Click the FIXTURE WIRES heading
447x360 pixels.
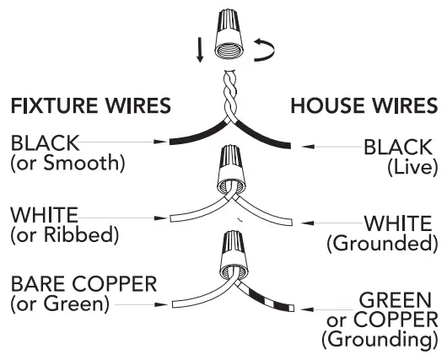(90, 106)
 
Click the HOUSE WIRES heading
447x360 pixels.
(364, 106)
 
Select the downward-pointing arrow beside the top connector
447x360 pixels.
(199, 48)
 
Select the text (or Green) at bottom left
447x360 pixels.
(60, 303)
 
